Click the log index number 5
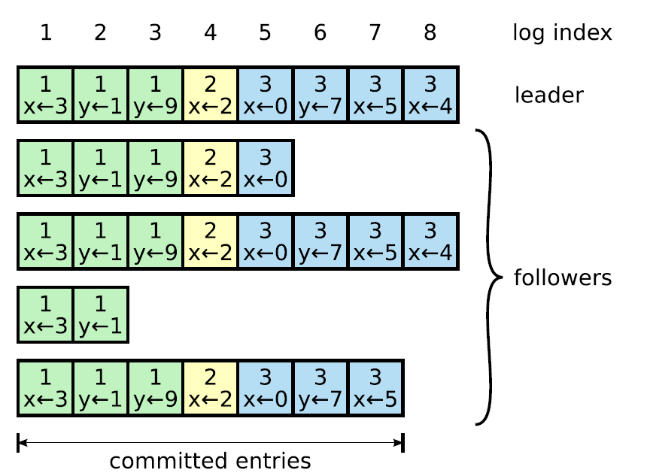coord(265,32)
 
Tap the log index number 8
coord(430,32)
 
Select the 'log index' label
coord(562,33)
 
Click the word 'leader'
coord(548,95)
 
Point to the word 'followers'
coord(563,277)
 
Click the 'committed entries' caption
coord(210,461)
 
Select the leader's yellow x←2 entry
coord(210,95)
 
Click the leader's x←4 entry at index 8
coord(430,95)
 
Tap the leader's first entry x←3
coord(45,95)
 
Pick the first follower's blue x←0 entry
coord(266,168)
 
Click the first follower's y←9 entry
coord(155,168)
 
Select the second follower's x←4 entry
coord(430,241)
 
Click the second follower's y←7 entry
coord(320,241)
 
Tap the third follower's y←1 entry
coord(100,314)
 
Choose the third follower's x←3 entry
coord(45,314)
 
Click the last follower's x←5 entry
coord(375,388)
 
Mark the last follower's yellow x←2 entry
coord(210,388)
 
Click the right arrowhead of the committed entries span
coord(398,443)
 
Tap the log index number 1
coord(46,32)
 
